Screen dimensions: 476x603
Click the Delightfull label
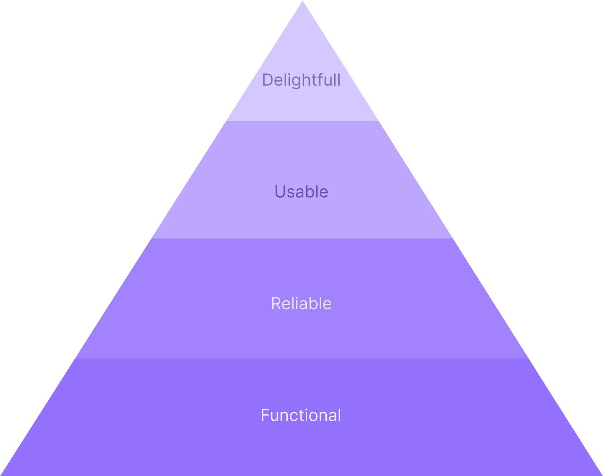(x=301, y=80)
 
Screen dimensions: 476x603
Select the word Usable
(x=301, y=192)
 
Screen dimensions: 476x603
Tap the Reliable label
(x=301, y=303)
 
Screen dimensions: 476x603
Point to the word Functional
(x=301, y=415)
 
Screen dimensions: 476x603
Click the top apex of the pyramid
(x=302, y=1)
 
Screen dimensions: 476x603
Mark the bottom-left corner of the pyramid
(x=2, y=474)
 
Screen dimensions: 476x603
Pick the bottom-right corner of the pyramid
(x=601, y=474)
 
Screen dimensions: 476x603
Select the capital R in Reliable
(x=276, y=303)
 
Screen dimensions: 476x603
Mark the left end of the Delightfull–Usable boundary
(x=227, y=121)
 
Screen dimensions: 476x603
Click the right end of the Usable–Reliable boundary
(x=452, y=238)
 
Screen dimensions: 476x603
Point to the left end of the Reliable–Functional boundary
(x=76, y=358)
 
